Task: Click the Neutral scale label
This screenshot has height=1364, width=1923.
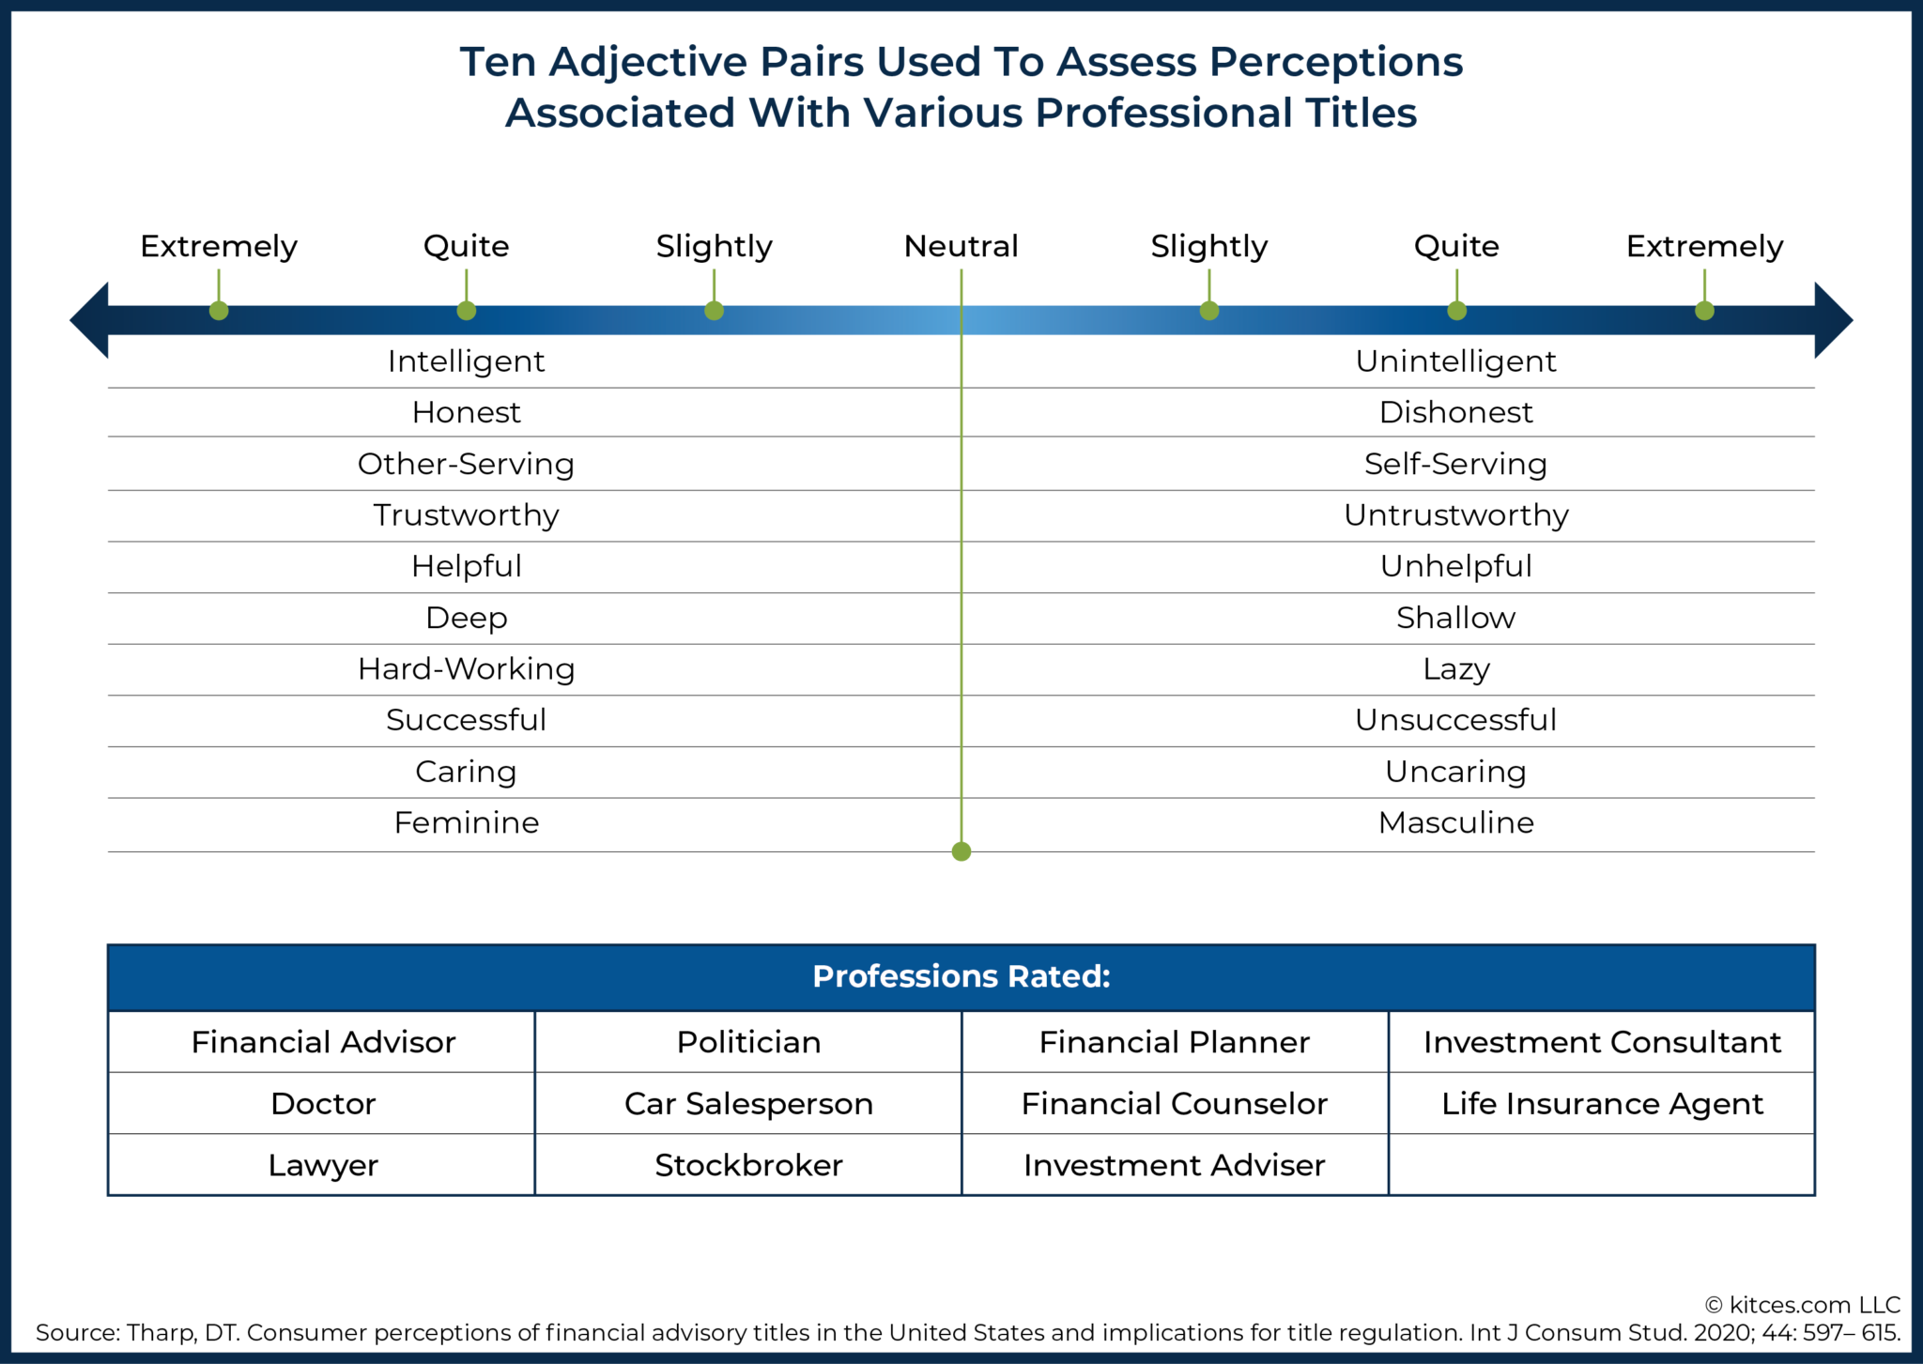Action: (x=961, y=246)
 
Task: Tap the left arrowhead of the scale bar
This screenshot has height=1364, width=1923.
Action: (x=90, y=320)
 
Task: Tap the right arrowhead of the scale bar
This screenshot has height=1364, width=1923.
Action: (x=1832, y=320)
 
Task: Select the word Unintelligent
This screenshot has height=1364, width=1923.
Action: (x=1455, y=361)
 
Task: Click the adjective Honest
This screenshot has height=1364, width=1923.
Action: (x=466, y=412)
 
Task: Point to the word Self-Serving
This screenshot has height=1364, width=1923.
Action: (x=1455, y=464)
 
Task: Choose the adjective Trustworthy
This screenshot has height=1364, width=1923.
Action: (x=466, y=514)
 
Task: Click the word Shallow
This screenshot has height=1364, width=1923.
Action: (x=1455, y=618)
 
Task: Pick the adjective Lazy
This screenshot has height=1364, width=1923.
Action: (x=1455, y=668)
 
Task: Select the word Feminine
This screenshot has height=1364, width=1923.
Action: (x=466, y=822)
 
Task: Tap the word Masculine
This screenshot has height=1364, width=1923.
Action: (x=1455, y=822)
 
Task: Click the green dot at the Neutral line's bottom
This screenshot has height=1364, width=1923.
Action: (x=961, y=851)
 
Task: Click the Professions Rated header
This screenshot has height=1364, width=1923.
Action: (x=961, y=976)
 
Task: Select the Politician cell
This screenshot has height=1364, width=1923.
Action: (x=748, y=1042)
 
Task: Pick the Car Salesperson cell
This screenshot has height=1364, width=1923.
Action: (x=748, y=1103)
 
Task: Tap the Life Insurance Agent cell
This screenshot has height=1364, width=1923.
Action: (x=1602, y=1103)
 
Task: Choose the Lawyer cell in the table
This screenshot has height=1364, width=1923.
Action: (x=322, y=1165)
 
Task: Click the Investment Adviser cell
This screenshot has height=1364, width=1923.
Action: (x=1174, y=1165)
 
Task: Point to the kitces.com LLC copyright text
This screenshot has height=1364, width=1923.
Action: (x=1803, y=1305)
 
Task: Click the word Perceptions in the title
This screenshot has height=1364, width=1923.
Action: (x=1334, y=62)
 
